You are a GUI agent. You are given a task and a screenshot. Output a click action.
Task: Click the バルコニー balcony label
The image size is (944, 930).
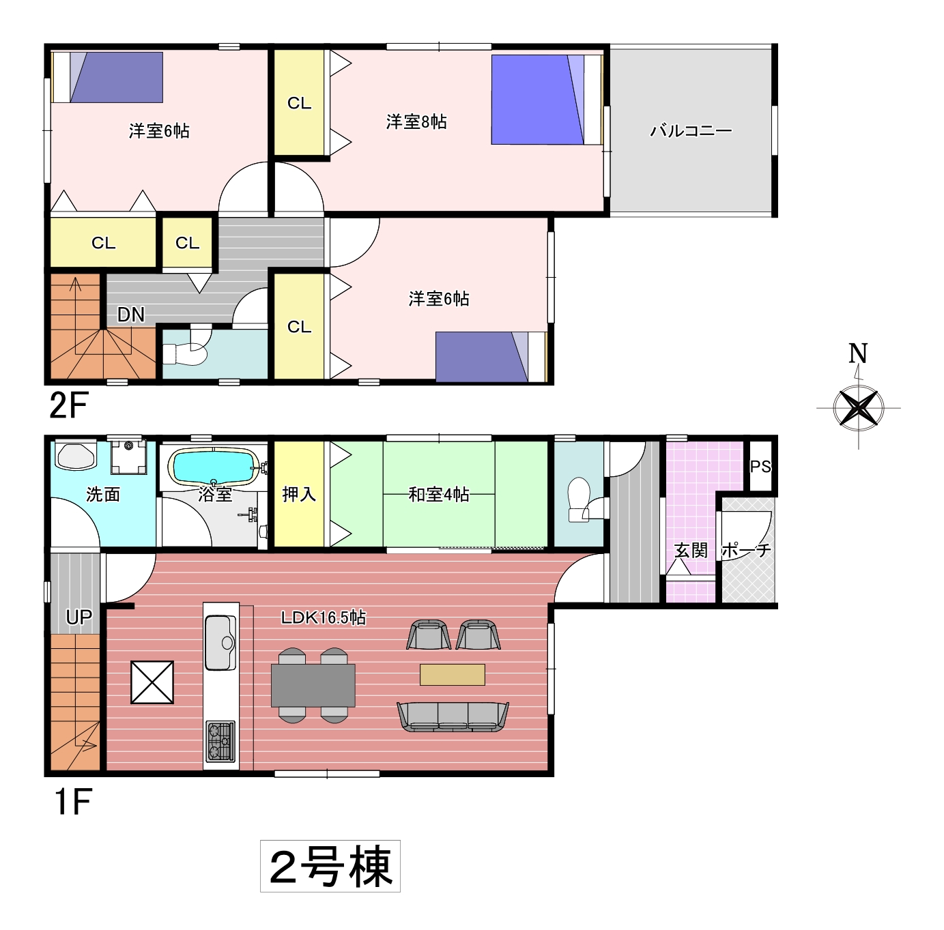691,131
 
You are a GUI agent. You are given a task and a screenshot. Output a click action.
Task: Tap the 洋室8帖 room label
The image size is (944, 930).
416,121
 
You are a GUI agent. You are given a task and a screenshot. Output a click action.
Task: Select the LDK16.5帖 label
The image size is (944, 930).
324,617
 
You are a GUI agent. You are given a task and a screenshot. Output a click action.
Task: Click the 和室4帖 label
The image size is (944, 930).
439,495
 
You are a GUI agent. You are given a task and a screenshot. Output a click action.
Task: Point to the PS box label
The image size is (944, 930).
761,466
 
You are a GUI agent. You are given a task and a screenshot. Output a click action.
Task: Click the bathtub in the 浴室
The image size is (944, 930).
214,467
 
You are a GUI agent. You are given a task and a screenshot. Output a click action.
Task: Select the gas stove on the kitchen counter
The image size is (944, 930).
220,741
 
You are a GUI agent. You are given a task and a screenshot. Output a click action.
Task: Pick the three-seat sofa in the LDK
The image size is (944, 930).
453,716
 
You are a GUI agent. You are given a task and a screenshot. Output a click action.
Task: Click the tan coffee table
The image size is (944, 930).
453,675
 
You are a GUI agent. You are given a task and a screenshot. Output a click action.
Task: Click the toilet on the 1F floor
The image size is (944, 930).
584,500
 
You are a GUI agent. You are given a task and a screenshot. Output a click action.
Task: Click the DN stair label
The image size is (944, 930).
131,315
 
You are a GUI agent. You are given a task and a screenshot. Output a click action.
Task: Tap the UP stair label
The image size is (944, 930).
79,617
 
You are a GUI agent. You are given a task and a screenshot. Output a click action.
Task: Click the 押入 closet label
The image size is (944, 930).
299,495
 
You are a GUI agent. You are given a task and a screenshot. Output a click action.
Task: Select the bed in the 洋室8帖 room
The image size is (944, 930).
547,100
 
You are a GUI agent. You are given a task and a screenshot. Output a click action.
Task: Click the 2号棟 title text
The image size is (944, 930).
330,867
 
